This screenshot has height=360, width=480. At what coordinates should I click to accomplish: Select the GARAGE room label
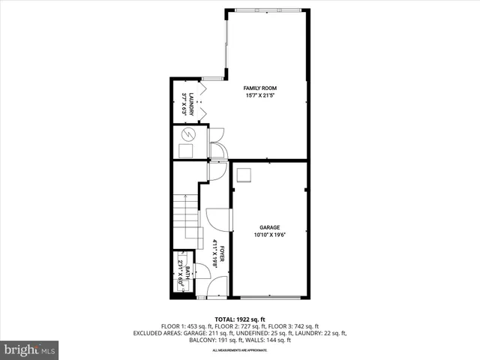269,226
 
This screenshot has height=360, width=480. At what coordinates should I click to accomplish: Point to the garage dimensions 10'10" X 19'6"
269,234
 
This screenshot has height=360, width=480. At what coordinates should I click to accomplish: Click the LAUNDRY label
192,103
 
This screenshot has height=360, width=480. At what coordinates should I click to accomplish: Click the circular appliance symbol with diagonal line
188,135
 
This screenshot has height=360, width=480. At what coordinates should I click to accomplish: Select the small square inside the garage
244,175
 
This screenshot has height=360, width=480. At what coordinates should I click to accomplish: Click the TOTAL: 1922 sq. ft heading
240,319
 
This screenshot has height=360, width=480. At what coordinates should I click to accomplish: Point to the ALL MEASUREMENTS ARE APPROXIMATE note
240,350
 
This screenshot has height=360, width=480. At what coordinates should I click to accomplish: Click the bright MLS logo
30,349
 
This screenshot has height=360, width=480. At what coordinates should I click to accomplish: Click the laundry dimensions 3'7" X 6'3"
184,103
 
